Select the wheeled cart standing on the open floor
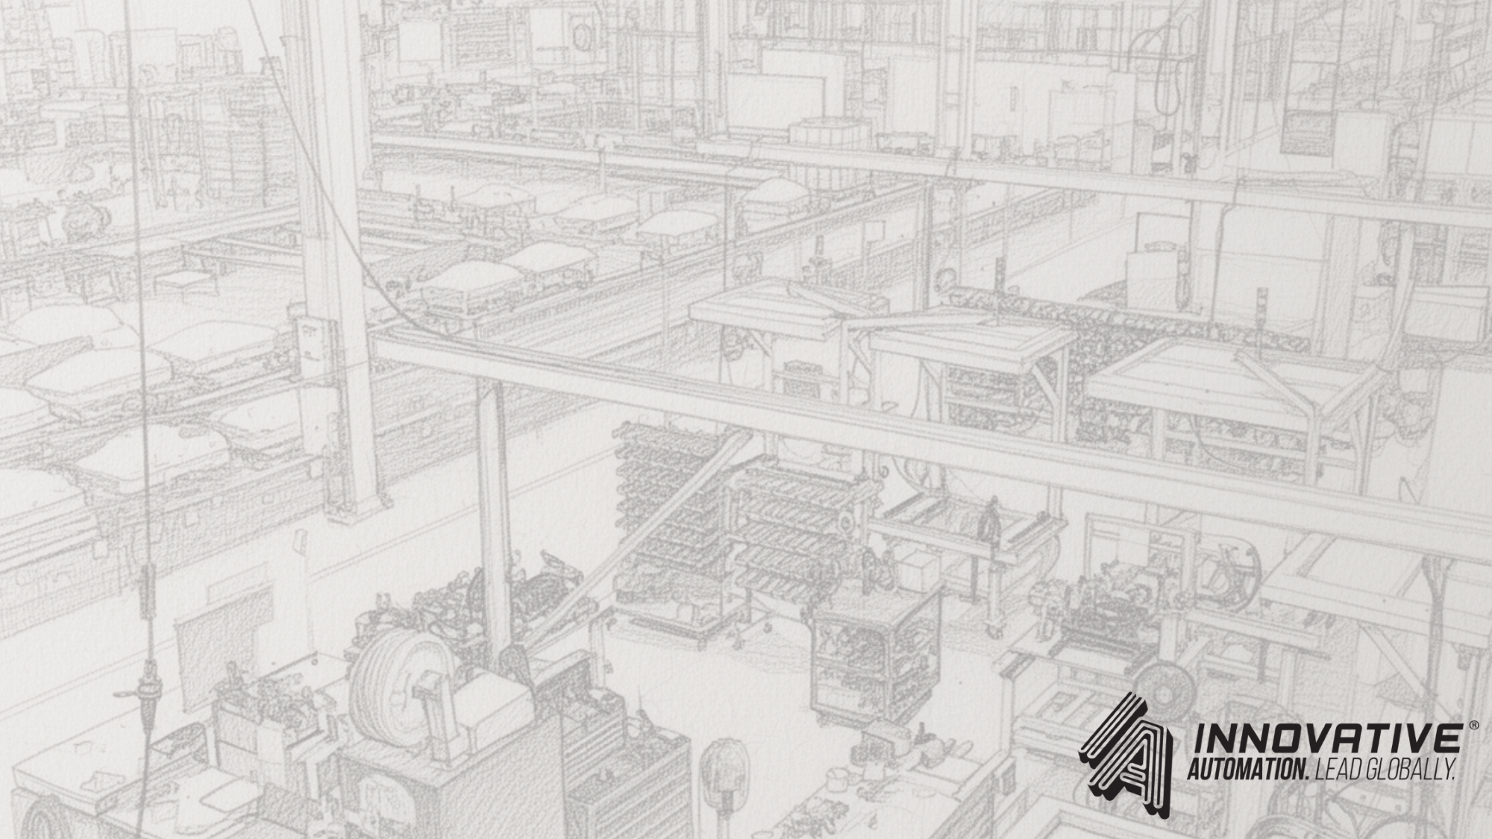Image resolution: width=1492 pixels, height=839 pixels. (x=873, y=656)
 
